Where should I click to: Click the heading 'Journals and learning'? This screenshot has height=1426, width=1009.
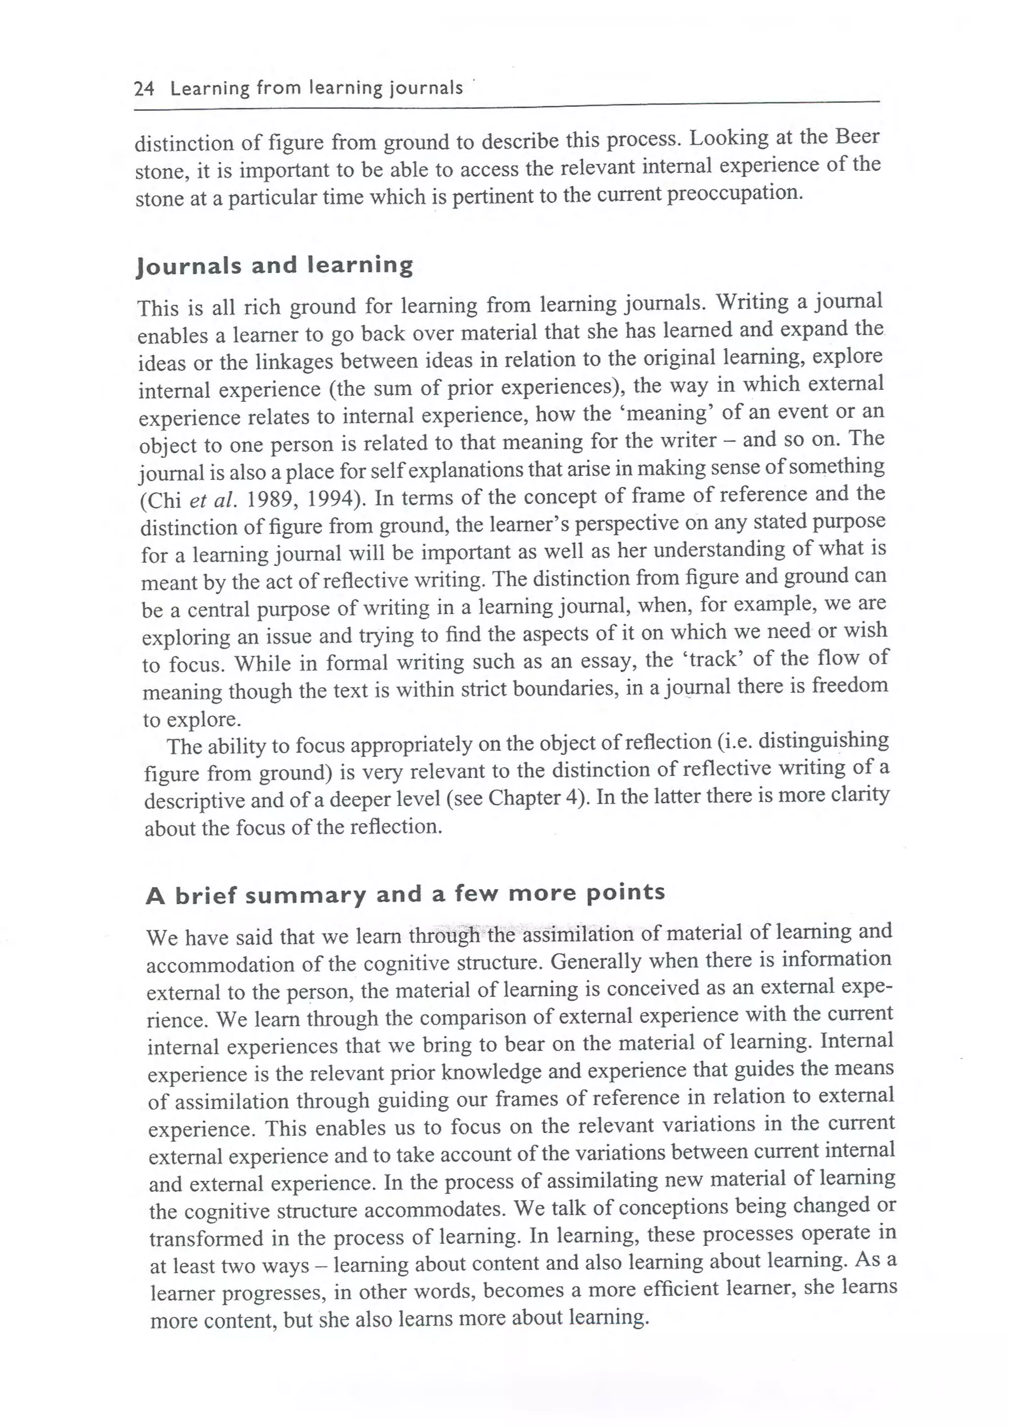[274, 266]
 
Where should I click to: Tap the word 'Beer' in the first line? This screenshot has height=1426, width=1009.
[857, 136]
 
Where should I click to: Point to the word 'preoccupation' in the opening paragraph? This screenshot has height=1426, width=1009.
[735, 193]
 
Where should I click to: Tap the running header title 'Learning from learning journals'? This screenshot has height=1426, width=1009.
[316, 88]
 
